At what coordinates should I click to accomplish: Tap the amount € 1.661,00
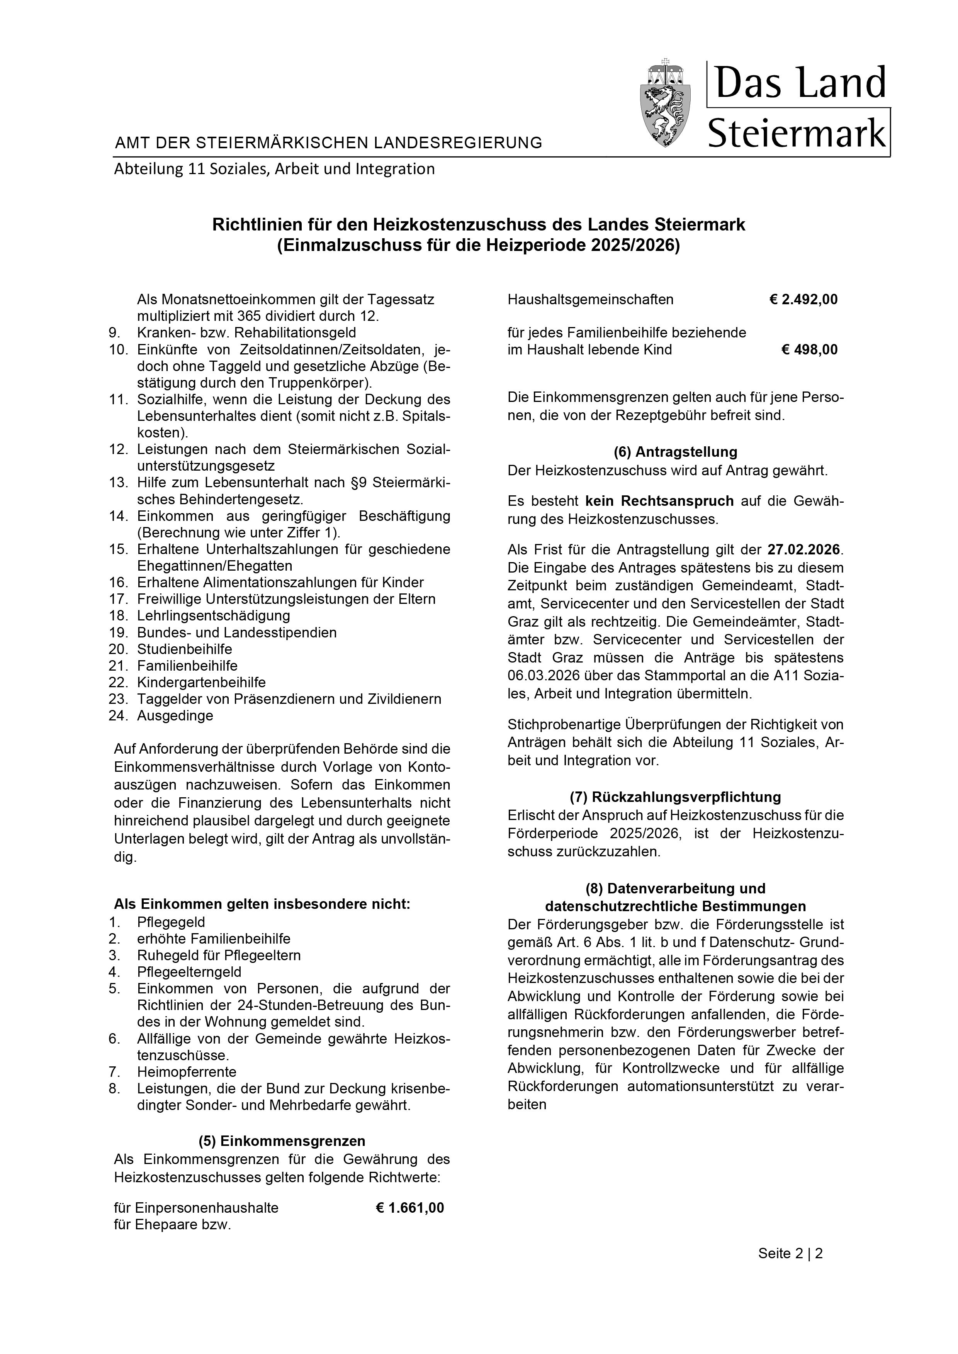409,1208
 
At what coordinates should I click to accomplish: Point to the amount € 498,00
809,350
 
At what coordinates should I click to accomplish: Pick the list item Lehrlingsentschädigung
214,616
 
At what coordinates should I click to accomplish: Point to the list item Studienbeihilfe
185,649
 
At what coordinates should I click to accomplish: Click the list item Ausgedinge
175,716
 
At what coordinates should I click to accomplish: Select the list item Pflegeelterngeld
189,971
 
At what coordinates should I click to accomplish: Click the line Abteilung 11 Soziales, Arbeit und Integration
274,169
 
